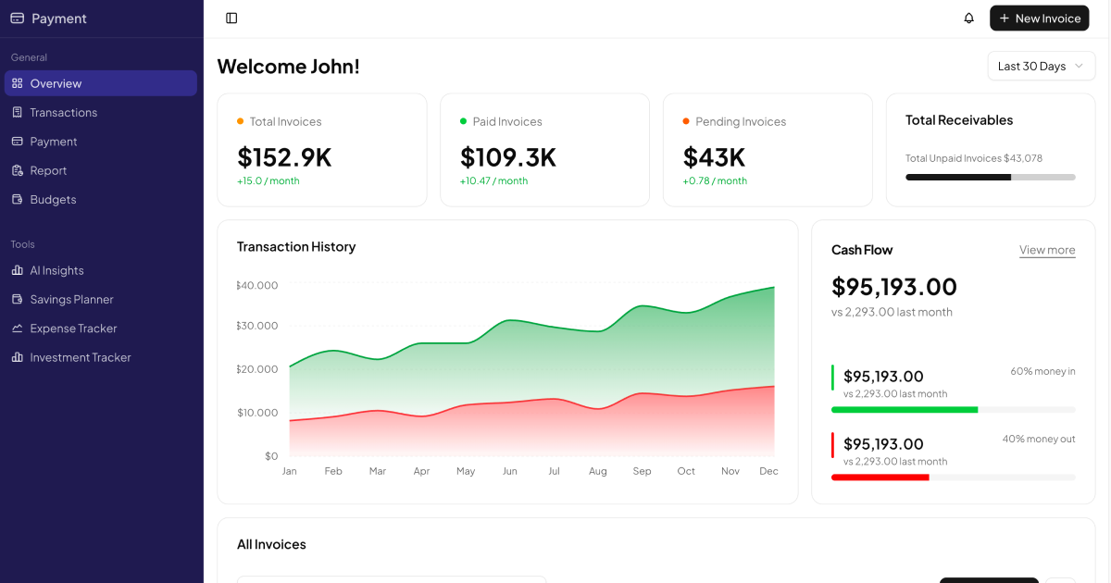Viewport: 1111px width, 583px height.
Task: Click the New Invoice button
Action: (x=1039, y=19)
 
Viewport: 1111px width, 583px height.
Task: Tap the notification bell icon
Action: (x=969, y=19)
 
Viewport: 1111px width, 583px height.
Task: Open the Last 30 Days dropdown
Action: (x=1041, y=67)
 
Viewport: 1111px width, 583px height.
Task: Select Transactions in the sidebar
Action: (x=63, y=112)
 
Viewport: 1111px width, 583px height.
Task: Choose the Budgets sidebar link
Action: (x=53, y=199)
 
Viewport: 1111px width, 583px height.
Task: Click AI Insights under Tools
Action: (x=56, y=270)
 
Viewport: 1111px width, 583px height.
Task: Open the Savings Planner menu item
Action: (x=71, y=299)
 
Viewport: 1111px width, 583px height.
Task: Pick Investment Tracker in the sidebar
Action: (x=81, y=357)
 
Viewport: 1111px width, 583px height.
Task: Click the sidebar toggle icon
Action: (x=231, y=19)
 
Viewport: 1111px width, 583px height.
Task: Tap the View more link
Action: (x=1047, y=250)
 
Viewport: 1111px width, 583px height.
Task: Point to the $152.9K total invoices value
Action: (x=284, y=157)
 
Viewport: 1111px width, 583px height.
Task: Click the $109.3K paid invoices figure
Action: (x=508, y=157)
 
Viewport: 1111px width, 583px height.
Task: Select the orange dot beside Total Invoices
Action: (x=241, y=121)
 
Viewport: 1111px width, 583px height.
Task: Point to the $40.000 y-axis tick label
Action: (x=257, y=285)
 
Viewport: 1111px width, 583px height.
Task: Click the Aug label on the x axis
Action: (x=598, y=471)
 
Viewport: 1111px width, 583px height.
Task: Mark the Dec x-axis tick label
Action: (x=768, y=471)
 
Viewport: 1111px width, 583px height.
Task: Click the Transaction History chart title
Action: (x=296, y=247)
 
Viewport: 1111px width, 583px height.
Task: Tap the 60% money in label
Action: (x=1042, y=371)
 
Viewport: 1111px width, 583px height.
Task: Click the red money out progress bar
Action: (x=880, y=478)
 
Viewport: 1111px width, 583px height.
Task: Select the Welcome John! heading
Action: (x=288, y=67)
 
